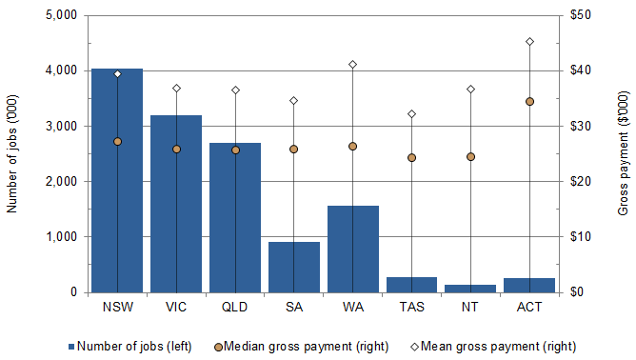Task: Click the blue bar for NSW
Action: (117, 181)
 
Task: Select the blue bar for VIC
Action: (176, 205)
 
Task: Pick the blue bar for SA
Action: (293, 268)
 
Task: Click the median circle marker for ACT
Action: (529, 101)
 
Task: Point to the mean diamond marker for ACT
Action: (529, 42)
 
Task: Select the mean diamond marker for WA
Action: (352, 64)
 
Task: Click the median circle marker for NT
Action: (470, 156)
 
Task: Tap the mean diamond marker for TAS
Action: (411, 114)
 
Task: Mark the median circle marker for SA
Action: (293, 149)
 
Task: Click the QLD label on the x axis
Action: (235, 308)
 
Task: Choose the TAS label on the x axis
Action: (411, 308)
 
